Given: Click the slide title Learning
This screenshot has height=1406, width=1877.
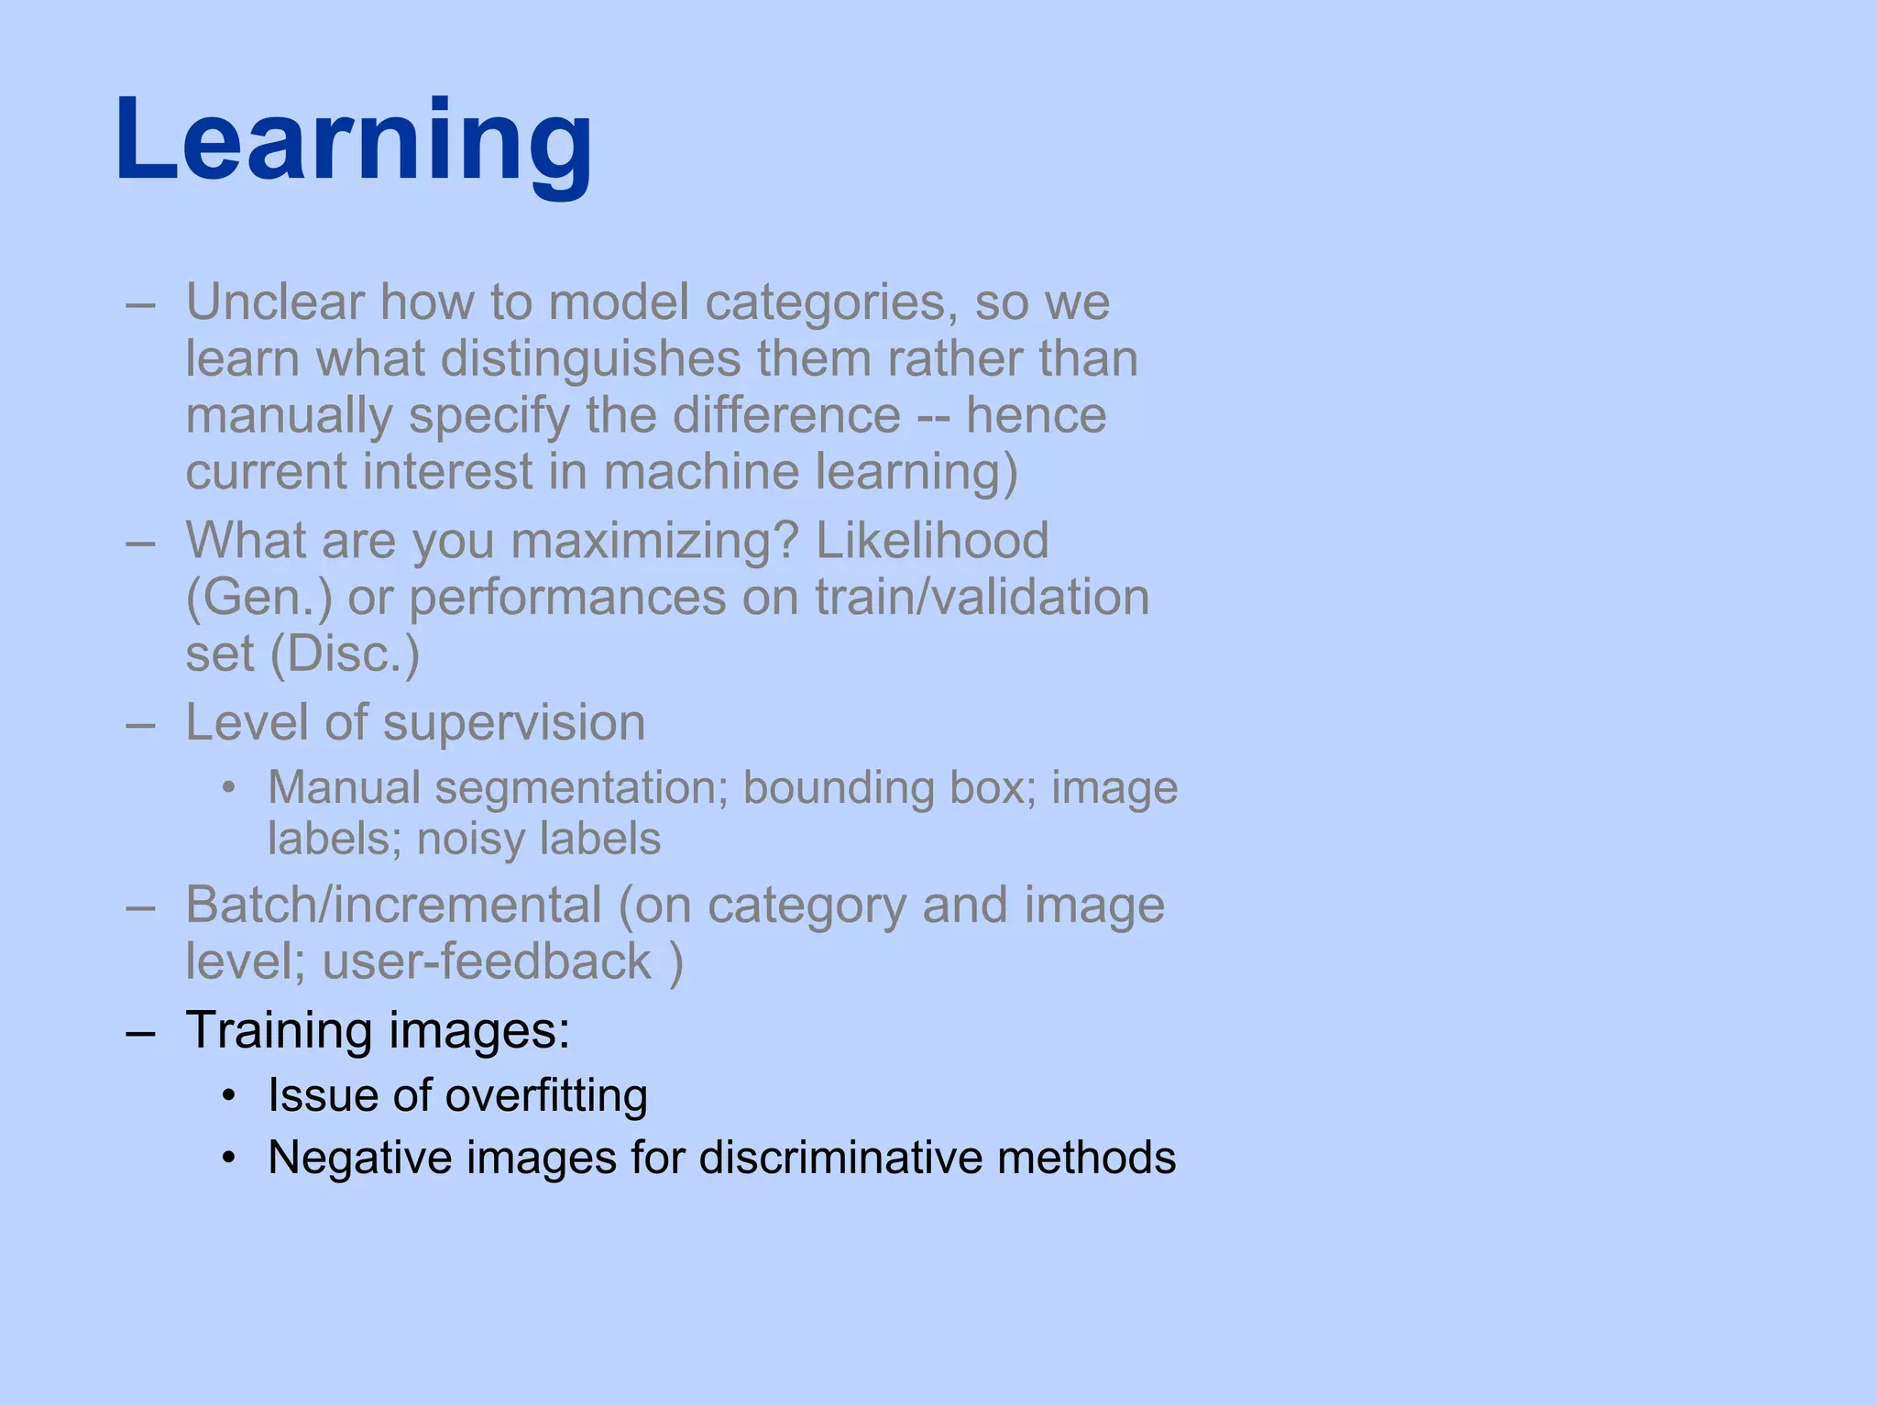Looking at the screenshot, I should coord(354,142).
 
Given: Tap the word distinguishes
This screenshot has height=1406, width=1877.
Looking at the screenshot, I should coord(590,358).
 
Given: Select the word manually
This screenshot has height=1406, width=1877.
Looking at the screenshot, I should coord(289,416).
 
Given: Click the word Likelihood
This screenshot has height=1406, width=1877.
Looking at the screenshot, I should coord(932,540).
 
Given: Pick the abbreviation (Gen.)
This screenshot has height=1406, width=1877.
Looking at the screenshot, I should coord(259,598).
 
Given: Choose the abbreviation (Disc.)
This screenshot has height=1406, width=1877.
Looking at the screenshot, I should coord(345,654).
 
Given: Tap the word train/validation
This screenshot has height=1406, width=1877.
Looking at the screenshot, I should coord(982,598).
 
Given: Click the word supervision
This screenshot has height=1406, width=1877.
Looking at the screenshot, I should coord(514,723).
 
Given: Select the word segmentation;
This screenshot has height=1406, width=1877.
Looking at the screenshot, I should coord(581,788).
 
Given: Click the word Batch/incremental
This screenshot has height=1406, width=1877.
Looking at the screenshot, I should coord(393,906).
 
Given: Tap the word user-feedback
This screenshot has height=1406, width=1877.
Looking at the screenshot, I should coord(487,961).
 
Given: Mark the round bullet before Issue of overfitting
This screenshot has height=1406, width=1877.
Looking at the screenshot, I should coord(230,1096).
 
